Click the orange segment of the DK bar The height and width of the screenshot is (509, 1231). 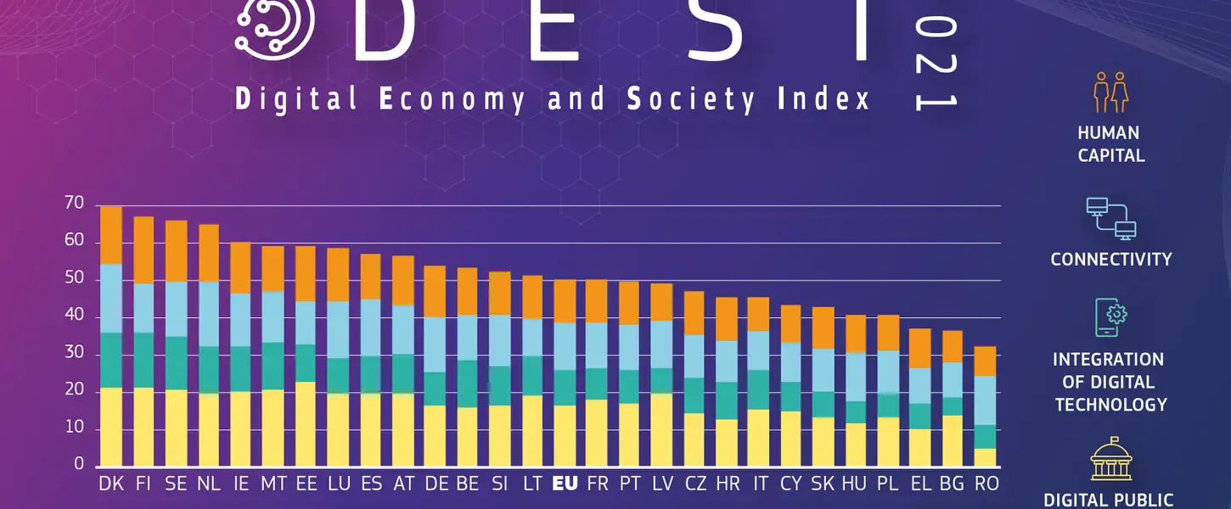point(110,235)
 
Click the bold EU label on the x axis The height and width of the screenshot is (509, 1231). point(565,484)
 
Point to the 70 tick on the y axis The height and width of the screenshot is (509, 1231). point(74,204)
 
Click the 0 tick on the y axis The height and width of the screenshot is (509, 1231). point(80,465)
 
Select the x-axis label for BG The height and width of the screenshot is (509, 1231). point(953,484)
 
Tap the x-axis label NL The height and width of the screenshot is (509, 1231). point(209,484)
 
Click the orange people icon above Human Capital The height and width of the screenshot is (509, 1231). point(1110,92)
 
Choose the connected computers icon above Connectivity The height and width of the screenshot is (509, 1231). point(1110,218)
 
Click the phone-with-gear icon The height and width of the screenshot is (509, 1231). point(1110,318)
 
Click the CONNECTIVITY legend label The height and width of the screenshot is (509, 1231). point(1110,260)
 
